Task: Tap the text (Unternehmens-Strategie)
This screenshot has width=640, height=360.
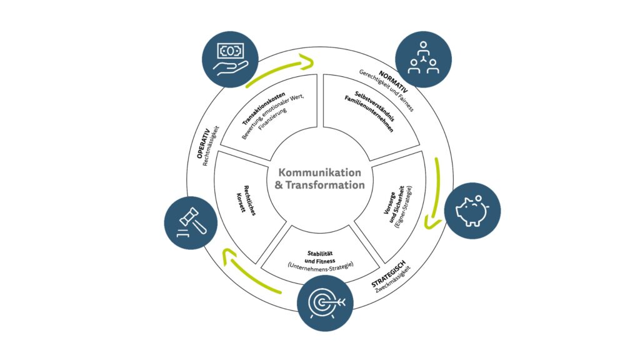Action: click(x=321, y=265)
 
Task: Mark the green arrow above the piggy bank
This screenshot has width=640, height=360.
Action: click(x=434, y=191)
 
